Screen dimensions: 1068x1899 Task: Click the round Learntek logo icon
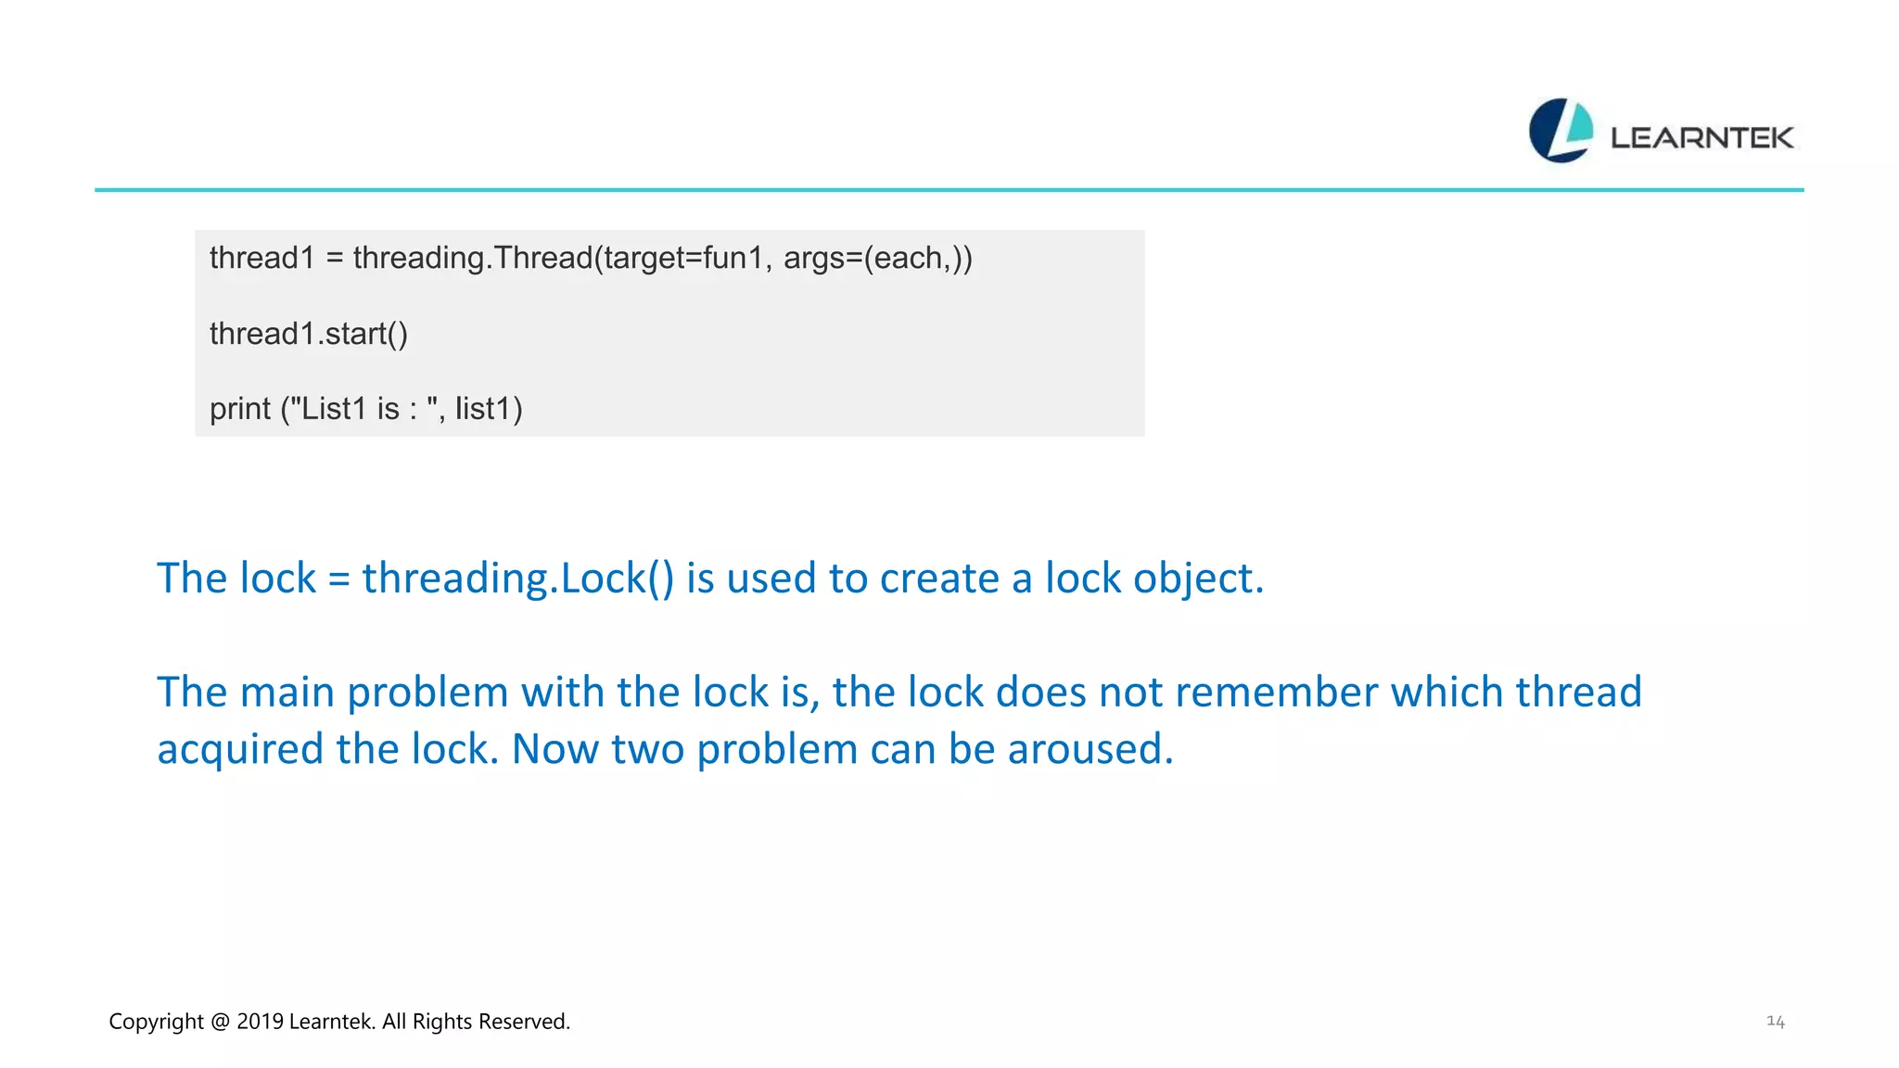1561,131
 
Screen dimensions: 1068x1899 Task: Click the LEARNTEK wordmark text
1701,138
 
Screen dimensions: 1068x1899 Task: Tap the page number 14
1775,1021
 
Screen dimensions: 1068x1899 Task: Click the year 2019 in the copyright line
260,1022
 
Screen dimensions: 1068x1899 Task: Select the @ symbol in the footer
220,1022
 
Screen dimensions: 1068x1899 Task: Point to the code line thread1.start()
308,334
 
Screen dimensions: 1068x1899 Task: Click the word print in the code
240,409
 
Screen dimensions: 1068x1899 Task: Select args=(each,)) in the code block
877,258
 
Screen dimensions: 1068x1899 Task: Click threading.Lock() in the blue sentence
517,578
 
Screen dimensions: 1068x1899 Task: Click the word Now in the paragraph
554,749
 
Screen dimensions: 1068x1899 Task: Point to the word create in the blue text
938,578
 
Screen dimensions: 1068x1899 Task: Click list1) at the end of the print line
489,409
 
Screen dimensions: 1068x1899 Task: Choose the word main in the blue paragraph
287,693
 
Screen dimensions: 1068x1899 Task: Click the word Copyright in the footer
156,1022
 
